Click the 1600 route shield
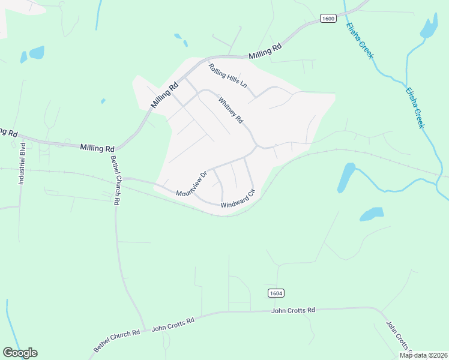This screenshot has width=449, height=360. coord(328,19)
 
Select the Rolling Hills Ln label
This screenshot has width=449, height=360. coord(228,76)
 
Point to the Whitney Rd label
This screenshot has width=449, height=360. coord(231,110)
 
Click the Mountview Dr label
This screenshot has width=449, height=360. coord(191,184)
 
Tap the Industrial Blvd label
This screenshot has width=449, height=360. coord(22,163)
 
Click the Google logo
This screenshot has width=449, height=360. coord(20,353)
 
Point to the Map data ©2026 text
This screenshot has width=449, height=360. coord(423,355)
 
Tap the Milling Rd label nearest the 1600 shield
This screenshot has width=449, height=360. coord(265,53)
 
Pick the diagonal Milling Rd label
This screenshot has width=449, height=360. coord(165,95)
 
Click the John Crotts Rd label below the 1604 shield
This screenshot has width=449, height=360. coord(293,310)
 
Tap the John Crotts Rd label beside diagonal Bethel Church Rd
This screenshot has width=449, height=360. coord(173,325)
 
